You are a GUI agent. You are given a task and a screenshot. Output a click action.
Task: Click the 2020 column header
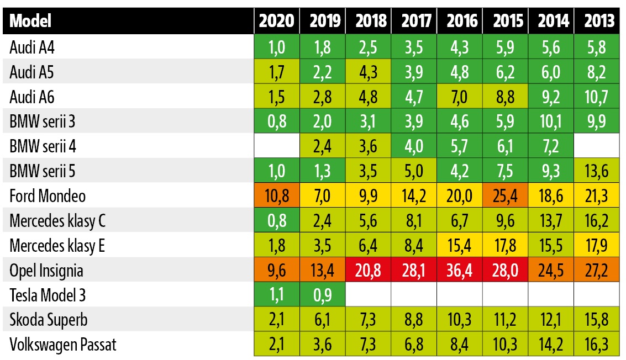277,22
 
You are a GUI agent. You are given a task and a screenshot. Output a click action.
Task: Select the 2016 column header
462,22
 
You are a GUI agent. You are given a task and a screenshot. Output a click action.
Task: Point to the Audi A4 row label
32,47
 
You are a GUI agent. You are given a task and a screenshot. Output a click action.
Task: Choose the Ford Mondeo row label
48,196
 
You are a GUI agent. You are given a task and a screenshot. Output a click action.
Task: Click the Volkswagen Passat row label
63,345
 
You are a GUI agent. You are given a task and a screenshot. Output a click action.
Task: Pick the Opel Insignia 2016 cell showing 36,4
462,271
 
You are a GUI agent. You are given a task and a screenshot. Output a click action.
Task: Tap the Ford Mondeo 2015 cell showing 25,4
507,196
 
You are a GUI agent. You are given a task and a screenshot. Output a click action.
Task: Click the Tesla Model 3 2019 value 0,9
323,295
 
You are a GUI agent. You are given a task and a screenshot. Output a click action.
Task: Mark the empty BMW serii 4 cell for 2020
277,146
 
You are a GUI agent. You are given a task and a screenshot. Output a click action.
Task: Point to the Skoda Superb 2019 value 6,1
323,320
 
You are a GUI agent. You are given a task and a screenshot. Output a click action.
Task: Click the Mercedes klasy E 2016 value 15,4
462,246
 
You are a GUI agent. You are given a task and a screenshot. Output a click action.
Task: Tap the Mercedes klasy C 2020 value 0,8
277,221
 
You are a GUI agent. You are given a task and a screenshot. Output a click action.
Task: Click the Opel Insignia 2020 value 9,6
277,271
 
